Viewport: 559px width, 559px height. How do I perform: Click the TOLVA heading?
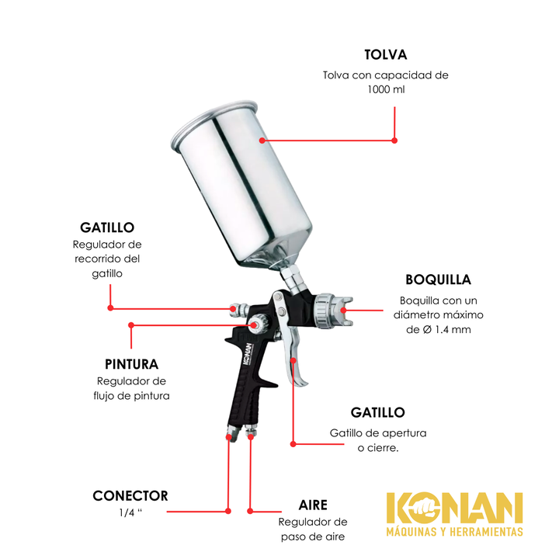[385, 54]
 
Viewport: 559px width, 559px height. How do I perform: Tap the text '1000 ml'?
[386, 89]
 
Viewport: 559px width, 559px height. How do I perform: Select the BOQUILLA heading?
[438, 279]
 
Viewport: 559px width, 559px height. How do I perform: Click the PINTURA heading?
[131, 364]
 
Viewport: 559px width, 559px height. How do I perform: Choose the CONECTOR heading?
[130, 496]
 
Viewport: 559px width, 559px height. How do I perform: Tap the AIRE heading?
[313, 505]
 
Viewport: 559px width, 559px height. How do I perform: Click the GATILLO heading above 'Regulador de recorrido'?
[107, 227]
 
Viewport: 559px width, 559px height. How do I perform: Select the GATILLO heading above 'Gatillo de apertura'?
[378, 412]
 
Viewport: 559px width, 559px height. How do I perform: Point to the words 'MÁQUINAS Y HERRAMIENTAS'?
[454, 532]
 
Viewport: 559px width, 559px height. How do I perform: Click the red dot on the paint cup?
[262, 141]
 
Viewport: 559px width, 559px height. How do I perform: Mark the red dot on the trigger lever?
[293, 360]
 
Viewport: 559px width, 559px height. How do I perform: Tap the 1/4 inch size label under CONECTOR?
[130, 512]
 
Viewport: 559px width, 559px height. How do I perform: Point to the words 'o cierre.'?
[378, 448]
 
